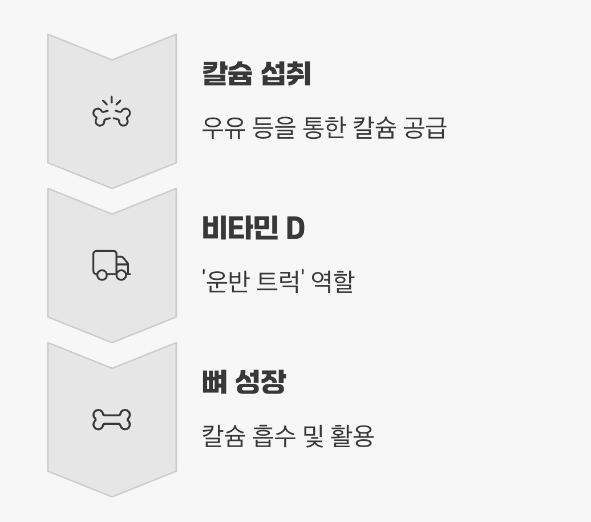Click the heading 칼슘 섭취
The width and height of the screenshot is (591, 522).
coord(256,74)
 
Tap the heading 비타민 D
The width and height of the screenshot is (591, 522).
coord(253,228)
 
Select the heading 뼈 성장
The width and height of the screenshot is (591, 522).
coord(244,383)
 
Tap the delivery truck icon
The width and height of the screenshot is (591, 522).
coord(111,265)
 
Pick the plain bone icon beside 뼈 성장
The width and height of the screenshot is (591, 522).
coord(112,420)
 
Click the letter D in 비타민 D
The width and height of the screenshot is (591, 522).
coord(295,228)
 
